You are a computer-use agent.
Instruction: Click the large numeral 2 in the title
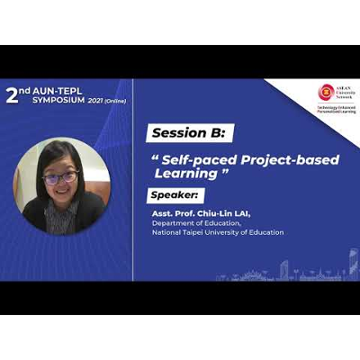click(12, 94)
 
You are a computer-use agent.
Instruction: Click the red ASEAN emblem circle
click(325, 91)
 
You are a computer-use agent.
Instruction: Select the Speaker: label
click(177, 195)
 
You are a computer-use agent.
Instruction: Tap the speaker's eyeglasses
click(60, 177)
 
